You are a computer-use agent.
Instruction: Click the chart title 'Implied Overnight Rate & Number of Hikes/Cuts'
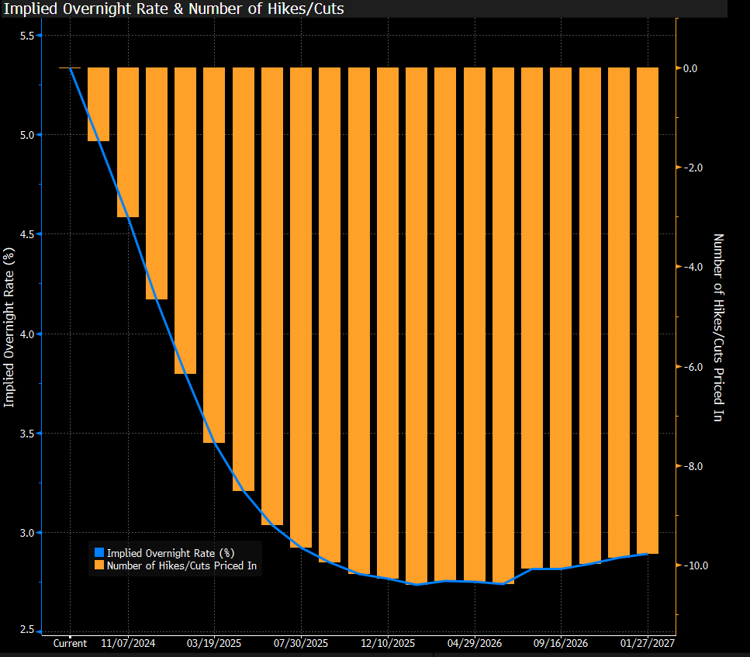point(175,9)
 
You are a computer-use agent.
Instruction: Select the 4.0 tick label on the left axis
point(25,334)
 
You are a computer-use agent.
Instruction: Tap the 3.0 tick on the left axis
point(25,533)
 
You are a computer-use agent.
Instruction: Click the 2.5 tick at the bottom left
point(25,629)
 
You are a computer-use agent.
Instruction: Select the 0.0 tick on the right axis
point(690,68)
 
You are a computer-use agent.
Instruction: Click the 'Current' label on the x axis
point(70,644)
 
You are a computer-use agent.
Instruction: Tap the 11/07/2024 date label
point(127,644)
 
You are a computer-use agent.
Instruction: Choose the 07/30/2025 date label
point(302,644)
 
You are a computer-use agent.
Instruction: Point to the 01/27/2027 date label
point(648,644)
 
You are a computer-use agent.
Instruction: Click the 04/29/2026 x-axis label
point(475,644)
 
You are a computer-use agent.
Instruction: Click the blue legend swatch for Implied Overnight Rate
point(99,553)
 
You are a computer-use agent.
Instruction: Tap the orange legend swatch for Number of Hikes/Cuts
point(99,566)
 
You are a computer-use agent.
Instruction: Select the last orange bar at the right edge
point(648,310)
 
